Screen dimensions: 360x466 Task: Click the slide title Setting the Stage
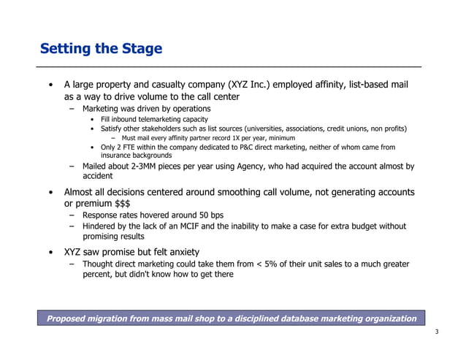pos(101,49)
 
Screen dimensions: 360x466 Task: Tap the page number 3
pos(436,333)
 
